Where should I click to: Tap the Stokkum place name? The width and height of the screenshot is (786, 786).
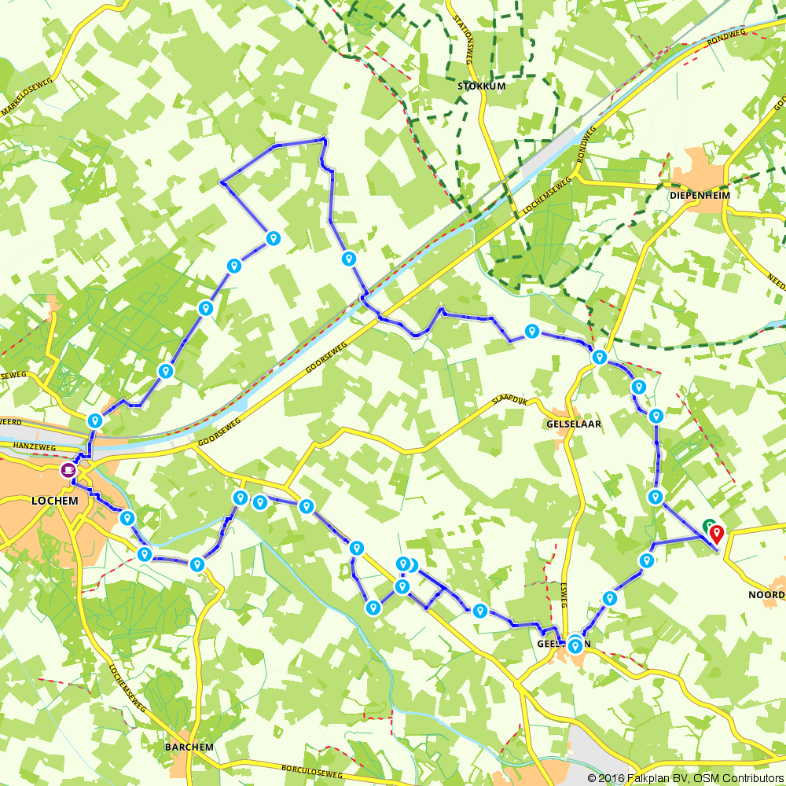(x=481, y=86)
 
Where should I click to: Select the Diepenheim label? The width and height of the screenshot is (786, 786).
(x=700, y=195)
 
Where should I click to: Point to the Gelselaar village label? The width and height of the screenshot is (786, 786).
(x=572, y=424)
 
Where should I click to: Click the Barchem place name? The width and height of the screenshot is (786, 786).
(x=189, y=746)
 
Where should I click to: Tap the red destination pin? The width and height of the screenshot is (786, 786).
(x=717, y=534)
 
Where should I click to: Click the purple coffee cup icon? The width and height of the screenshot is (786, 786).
(x=68, y=470)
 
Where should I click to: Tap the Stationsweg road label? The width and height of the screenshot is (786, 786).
(x=464, y=48)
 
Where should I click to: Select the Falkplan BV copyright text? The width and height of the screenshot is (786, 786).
(x=645, y=778)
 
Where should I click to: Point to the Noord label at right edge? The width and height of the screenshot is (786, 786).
(x=767, y=596)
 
